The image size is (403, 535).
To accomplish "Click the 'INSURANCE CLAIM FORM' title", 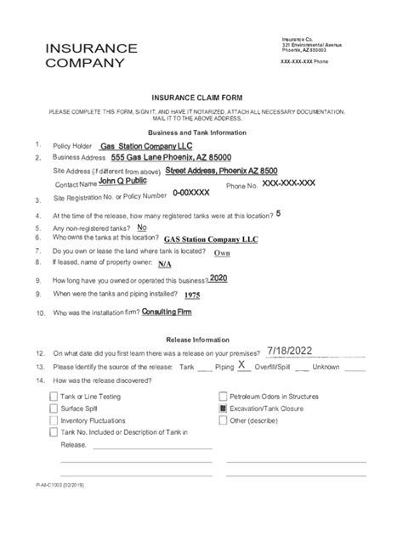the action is [196, 99].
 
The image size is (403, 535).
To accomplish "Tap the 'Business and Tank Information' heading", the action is [197, 132].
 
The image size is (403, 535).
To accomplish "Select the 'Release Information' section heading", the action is [197, 337].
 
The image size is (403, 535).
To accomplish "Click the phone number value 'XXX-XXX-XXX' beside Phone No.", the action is [288, 182].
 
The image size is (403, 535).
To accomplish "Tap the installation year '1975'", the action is [192, 295].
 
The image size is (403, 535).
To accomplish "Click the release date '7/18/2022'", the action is [296, 349].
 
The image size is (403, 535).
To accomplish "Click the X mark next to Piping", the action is [242, 365].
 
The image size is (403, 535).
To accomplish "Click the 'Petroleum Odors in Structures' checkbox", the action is [223, 397].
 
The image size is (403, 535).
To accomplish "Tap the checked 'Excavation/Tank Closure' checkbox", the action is [223, 408].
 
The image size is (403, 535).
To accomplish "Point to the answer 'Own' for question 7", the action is [222, 253].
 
